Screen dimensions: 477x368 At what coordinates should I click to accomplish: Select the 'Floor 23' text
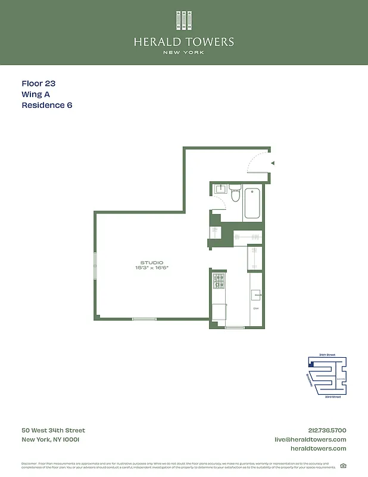38,84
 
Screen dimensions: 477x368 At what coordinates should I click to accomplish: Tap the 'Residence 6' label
47,106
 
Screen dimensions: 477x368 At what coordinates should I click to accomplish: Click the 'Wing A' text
36,95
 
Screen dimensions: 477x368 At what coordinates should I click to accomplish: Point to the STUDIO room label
151,262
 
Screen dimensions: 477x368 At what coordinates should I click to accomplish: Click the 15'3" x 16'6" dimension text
151,268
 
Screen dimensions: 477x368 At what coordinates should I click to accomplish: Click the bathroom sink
220,190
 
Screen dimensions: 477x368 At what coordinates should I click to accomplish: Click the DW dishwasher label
256,308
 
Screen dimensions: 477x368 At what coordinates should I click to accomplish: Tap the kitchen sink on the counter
256,295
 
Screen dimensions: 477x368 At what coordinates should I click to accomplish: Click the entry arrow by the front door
272,162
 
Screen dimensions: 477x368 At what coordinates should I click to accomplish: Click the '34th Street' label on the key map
327,355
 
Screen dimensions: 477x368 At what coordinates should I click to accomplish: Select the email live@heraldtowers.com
310,439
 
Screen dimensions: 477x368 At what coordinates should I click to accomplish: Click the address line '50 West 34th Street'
53,430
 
